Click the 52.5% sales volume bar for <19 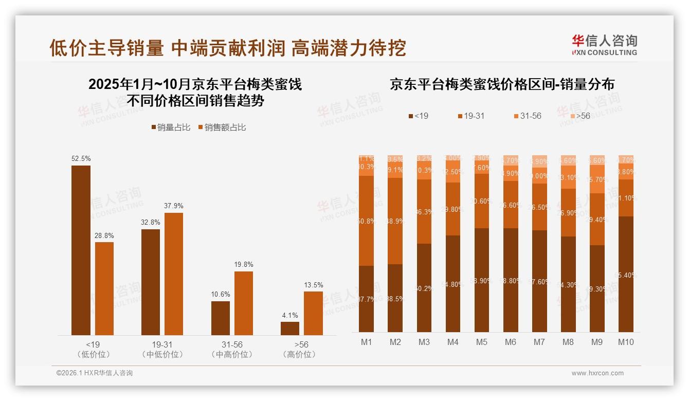click(x=81, y=250)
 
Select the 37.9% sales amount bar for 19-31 click(x=173, y=274)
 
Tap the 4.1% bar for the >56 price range click(x=290, y=329)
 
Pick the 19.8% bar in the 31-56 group click(x=244, y=303)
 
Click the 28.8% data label click(x=104, y=235)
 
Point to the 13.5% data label click(x=313, y=285)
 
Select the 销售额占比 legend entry click(x=222, y=127)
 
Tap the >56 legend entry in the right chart click(x=579, y=116)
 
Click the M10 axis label click(x=626, y=342)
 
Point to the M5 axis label click(x=482, y=342)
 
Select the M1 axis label click(x=367, y=342)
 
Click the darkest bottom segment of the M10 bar click(x=626, y=274)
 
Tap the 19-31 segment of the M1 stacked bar click(x=367, y=221)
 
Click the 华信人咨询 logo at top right click(x=604, y=45)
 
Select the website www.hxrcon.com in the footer click(x=597, y=373)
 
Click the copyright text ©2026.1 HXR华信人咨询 click(x=95, y=373)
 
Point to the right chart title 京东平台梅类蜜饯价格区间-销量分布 click(x=502, y=84)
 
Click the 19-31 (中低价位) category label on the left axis click(x=162, y=349)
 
